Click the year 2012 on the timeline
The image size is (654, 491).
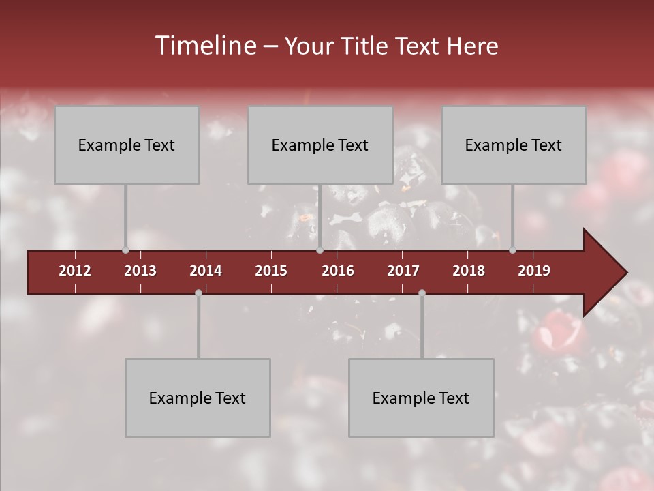point(75,271)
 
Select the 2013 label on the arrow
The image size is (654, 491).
point(140,271)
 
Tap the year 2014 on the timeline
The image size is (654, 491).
point(206,271)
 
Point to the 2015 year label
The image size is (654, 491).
point(271,271)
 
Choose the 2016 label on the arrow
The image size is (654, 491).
point(338,271)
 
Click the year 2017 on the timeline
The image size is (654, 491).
point(403,271)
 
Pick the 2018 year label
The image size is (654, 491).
point(469,271)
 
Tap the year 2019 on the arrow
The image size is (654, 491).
point(534,271)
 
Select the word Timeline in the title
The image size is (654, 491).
point(204,46)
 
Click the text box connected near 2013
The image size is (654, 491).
point(127,145)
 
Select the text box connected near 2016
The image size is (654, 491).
point(320,145)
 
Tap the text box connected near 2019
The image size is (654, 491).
point(514,145)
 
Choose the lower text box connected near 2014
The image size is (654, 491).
point(198,398)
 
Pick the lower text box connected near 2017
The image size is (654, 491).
point(421,398)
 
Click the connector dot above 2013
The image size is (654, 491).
point(125,250)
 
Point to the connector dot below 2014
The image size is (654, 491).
point(198,293)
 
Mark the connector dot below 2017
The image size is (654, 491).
point(422,293)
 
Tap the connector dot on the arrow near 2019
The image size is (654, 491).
point(512,250)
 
